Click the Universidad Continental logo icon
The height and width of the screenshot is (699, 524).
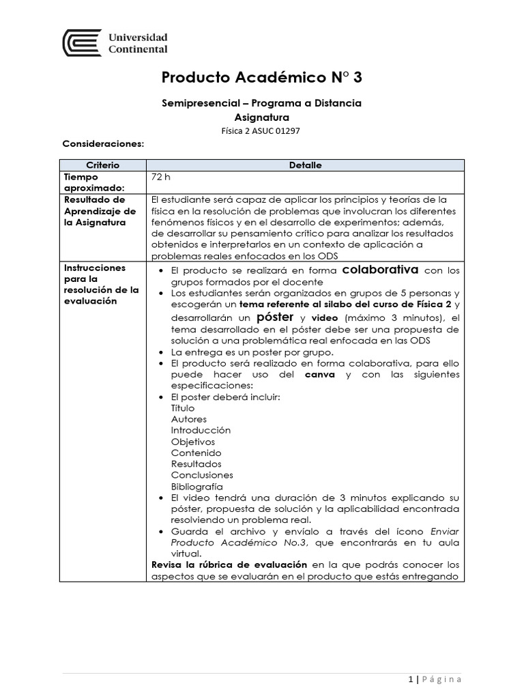click(82, 42)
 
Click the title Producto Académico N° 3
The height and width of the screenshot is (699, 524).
click(262, 77)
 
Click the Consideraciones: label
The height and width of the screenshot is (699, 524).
click(103, 144)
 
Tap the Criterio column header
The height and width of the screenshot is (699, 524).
click(103, 165)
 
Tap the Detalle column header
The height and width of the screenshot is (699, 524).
click(305, 165)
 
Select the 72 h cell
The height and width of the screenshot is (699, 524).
click(160, 176)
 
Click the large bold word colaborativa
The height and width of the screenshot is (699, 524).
click(380, 269)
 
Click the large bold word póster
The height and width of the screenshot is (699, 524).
click(275, 318)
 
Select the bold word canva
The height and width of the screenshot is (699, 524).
click(319, 375)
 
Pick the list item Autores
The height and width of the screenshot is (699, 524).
click(189, 419)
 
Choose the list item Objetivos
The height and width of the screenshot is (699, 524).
click(192, 442)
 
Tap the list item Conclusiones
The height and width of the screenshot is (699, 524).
click(202, 475)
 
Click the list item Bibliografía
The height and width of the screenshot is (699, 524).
click(197, 487)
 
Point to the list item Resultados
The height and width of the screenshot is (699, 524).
click(196, 464)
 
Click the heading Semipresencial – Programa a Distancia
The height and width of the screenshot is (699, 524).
click(262, 103)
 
